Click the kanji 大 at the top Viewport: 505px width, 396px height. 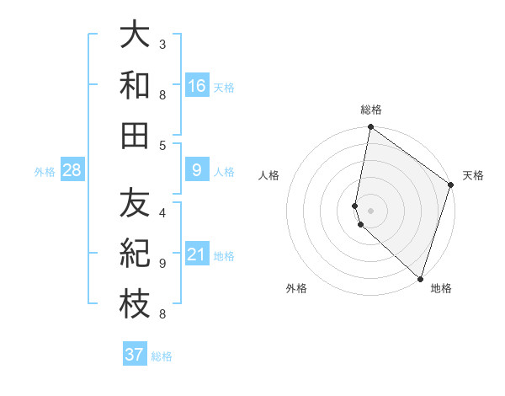coord(136,36)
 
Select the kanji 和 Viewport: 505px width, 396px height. coord(136,85)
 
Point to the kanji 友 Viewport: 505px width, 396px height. coord(136,205)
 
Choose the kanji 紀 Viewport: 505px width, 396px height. coord(136,254)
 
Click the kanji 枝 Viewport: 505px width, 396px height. coord(136,304)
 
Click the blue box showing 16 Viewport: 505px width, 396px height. coord(197,85)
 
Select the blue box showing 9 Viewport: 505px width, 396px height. coord(197,171)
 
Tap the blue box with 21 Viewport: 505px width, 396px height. coord(197,254)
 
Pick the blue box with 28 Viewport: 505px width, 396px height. coord(72,171)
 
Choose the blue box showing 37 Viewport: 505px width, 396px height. coord(135,355)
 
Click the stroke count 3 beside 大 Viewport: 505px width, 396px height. coord(162,44)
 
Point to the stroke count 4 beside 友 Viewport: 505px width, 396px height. coord(162,212)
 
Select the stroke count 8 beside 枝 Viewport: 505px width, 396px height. coord(162,315)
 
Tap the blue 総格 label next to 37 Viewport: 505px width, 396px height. coord(162,356)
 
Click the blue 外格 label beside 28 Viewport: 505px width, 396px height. coord(45,172)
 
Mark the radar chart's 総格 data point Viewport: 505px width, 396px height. coord(370,128)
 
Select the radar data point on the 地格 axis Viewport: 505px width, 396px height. coord(420,279)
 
